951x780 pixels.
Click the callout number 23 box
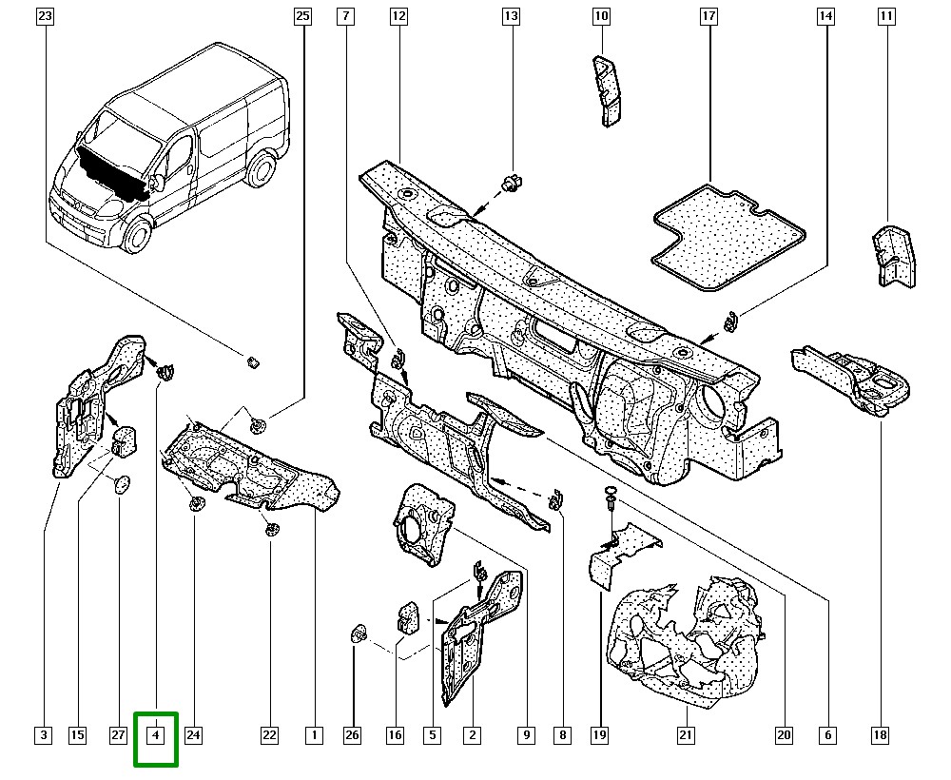pyautogui.click(x=46, y=16)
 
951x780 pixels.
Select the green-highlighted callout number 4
pyautogui.click(x=156, y=734)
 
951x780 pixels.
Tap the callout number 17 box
pyautogui.click(x=708, y=16)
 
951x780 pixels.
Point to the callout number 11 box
pyautogui.click(x=885, y=16)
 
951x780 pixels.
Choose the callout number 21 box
pyautogui.click(x=686, y=734)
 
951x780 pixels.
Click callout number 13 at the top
pyautogui.click(x=511, y=16)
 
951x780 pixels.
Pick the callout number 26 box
pyautogui.click(x=353, y=734)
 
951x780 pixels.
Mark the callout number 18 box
pyautogui.click(x=880, y=734)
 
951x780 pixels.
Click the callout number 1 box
pyautogui.click(x=313, y=734)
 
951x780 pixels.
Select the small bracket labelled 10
pyautogui.click(x=606, y=90)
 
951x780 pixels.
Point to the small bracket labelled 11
pyautogui.click(x=891, y=255)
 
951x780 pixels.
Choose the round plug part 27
pyautogui.click(x=120, y=484)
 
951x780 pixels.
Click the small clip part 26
pyautogui.click(x=359, y=632)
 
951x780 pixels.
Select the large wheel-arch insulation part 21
pyautogui.click(x=685, y=633)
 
